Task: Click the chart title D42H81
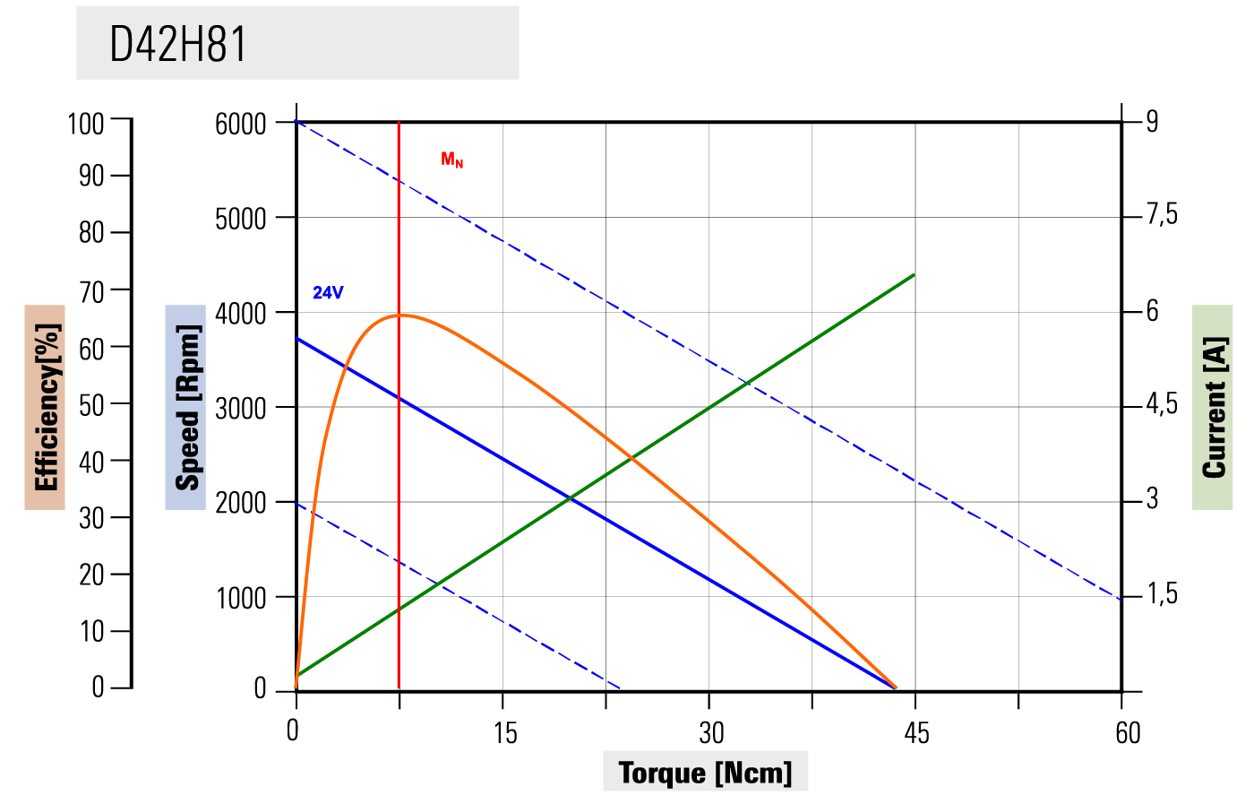tap(177, 44)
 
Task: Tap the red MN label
tap(451, 160)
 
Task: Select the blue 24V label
tap(328, 293)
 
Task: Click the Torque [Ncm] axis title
tap(705, 772)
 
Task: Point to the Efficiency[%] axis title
tap(46, 407)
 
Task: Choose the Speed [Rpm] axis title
tap(185, 407)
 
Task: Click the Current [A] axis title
tap(1213, 407)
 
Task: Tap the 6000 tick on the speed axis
tap(241, 124)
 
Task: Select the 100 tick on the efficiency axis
tap(86, 124)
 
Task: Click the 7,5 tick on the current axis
tap(1162, 215)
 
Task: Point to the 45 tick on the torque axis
tap(916, 733)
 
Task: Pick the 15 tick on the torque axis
tap(505, 733)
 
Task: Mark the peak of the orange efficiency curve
tap(401, 315)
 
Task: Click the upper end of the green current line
tap(914, 274)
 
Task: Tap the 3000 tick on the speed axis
tap(241, 408)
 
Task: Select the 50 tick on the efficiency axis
tap(91, 405)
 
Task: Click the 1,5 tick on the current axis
tap(1162, 594)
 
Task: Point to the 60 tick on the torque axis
tap(1128, 733)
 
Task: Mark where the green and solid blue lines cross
tap(570, 497)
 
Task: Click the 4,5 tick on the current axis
tap(1162, 404)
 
